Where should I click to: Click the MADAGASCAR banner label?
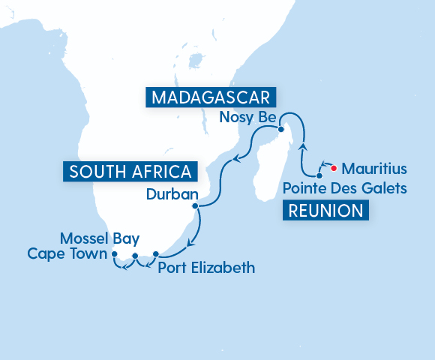pyautogui.click(x=211, y=97)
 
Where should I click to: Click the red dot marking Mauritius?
pyautogui.click(x=334, y=168)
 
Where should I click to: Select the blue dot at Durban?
pyautogui.click(x=195, y=205)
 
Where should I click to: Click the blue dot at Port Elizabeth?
pyautogui.click(x=155, y=254)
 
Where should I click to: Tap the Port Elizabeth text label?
pyautogui.click(x=206, y=267)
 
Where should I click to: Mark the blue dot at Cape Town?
pyautogui.click(x=115, y=255)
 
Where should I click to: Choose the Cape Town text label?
pyautogui.click(x=68, y=253)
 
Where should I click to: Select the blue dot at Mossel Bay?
pyautogui.click(x=135, y=256)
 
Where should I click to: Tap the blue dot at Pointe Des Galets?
pyautogui.click(x=319, y=175)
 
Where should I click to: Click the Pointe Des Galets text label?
pyautogui.click(x=346, y=187)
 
